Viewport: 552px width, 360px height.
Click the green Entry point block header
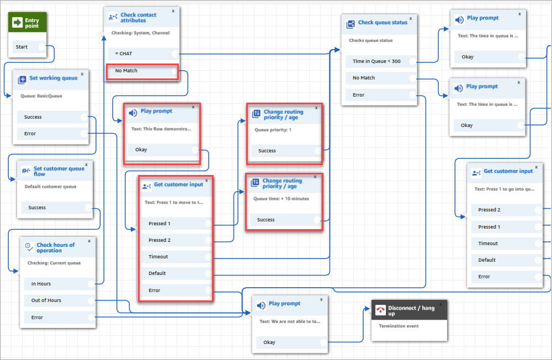point(27,23)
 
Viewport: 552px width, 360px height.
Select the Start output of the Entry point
point(22,47)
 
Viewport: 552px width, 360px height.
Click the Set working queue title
point(53,78)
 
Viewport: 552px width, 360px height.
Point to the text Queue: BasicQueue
point(41,96)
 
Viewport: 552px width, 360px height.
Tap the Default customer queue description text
point(50,187)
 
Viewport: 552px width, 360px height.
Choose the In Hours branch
point(41,284)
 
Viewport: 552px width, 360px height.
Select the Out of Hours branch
point(46,300)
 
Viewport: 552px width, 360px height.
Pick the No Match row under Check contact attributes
point(126,71)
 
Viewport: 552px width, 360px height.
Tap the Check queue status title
point(383,23)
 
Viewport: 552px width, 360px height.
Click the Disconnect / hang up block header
point(411,310)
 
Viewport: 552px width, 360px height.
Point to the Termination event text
point(399,326)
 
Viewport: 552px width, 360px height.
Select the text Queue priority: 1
point(273,130)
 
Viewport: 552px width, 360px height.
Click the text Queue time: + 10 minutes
point(281,199)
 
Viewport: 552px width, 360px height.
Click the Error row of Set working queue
point(30,134)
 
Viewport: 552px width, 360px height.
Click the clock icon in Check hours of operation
point(28,247)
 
